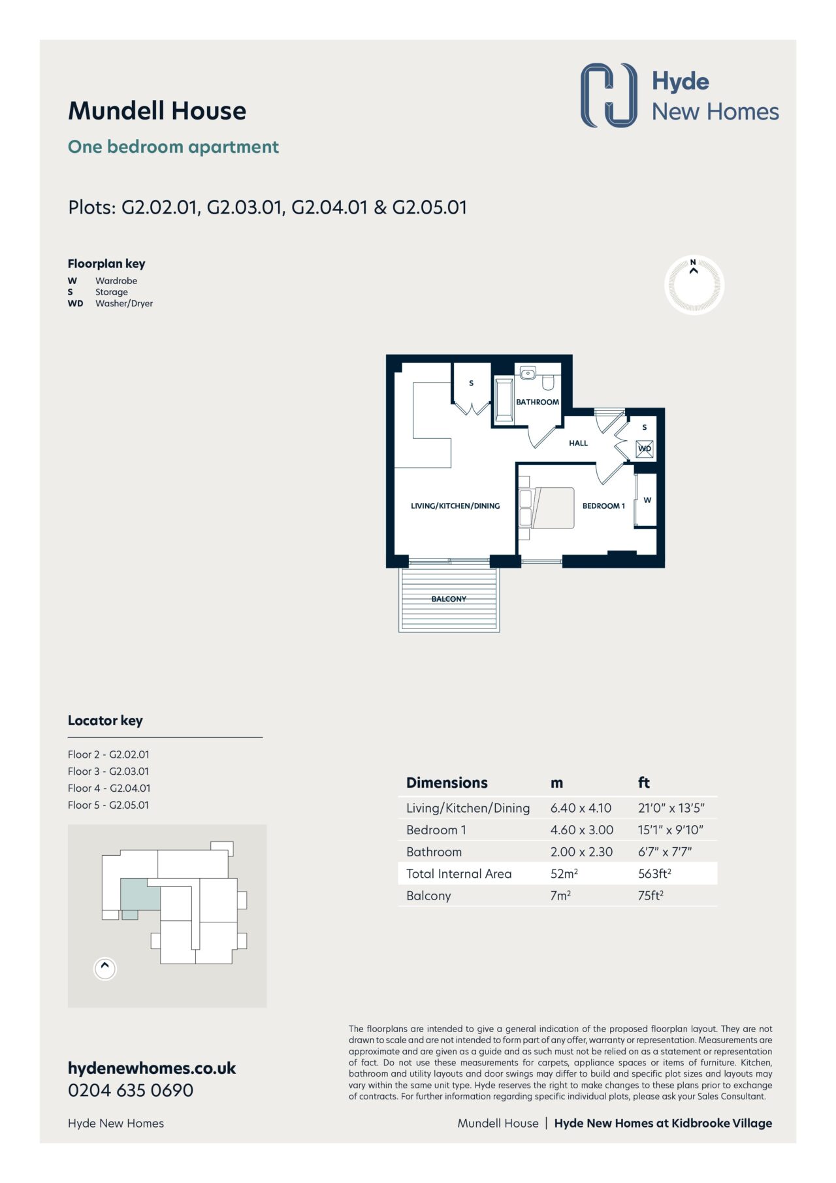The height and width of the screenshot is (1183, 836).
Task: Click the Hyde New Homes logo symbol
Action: pyautogui.click(x=609, y=95)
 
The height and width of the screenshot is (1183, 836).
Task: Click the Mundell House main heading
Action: pyautogui.click(x=157, y=111)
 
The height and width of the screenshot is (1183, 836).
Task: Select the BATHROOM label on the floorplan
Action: pyautogui.click(x=538, y=402)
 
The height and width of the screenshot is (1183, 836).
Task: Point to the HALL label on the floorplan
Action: pyautogui.click(x=578, y=443)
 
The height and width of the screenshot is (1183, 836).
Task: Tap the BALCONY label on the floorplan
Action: pyautogui.click(x=449, y=599)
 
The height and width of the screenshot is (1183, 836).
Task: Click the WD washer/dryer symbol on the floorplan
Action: pyautogui.click(x=645, y=449)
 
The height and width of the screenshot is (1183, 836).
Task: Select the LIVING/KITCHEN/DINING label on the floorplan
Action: pyautogui.click(x=455, y=506)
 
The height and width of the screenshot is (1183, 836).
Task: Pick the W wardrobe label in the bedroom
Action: pyautogui.click(x=647, y=500)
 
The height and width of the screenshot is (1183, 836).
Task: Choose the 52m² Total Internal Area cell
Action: pyautogui.click(x=564, y=873)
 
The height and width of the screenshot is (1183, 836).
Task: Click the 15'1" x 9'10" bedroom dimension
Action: pyautogui.click(x=671, y=830)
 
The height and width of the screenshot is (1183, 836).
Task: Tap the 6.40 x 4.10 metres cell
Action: pyautogui.click(x=581, y=808)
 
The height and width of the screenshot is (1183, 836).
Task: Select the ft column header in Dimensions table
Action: pyautogui.click(x=644, y=783)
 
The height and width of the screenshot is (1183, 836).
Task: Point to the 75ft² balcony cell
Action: pyautogui.click(x=651, y=896)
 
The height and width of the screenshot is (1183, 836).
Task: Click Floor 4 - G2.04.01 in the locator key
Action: pyautogui.click(x=109, y=788)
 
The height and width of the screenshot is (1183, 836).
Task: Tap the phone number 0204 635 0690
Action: pyautogui.click(x=131, y=1090)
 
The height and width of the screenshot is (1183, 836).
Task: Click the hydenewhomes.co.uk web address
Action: pyautogui.click(x=152, y=1069)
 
